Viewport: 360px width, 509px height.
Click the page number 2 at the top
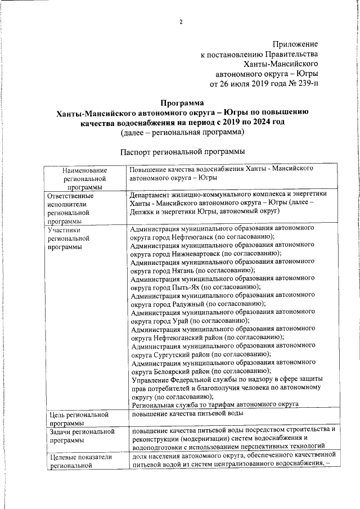181,22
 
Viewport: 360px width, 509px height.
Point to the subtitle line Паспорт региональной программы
182,152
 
